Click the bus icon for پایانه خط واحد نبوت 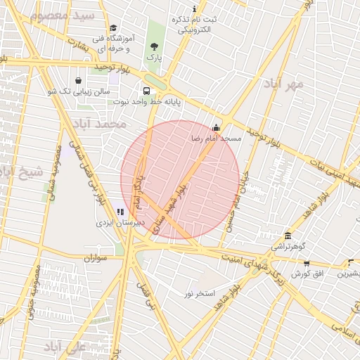click(146, 91)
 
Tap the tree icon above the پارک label click(153, 46)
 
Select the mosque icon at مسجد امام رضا click(216, 128)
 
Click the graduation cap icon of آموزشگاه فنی click(112, 27)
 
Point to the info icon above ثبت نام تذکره click(195, 7)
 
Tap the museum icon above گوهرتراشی click(288, 236)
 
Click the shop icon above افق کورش click(307, 263)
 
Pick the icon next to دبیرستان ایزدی click(120, 211)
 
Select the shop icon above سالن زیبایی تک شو click(77, 79)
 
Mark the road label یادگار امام click(139, 193)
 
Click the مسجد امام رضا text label click(216, 139)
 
